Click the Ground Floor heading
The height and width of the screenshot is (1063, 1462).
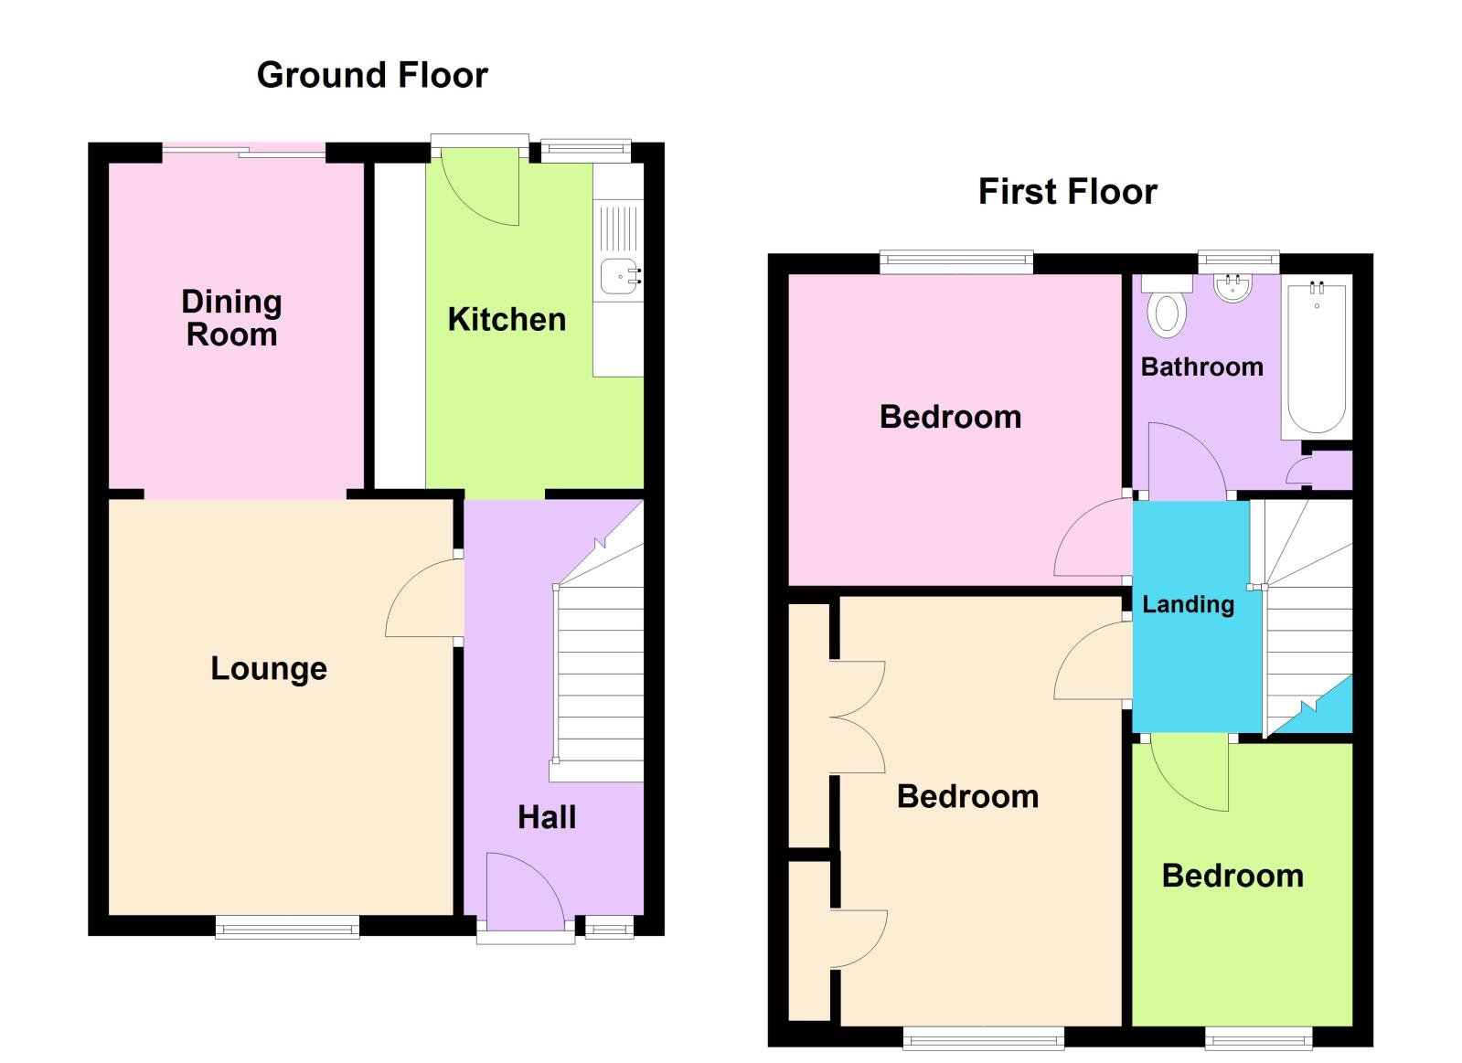[372, 75]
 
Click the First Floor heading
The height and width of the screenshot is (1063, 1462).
[1067, 192]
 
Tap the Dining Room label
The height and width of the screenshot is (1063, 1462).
[231, 318]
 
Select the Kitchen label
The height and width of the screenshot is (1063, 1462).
[507, 320]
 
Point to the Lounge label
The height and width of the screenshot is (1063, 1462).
[269, 668]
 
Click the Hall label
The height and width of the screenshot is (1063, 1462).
[547, 817]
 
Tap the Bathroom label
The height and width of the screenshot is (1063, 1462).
[1201, 367]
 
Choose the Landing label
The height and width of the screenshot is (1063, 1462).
[1188, 604]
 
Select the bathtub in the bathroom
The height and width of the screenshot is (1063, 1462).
[1317, 358]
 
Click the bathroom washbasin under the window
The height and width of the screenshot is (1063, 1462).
[1233, 288]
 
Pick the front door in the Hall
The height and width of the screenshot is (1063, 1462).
[523, 891]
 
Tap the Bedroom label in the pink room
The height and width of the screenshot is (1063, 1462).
[950, 417]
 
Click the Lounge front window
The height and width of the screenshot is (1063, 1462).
[287, 929]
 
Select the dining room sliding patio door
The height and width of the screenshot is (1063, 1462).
[244, 151]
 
